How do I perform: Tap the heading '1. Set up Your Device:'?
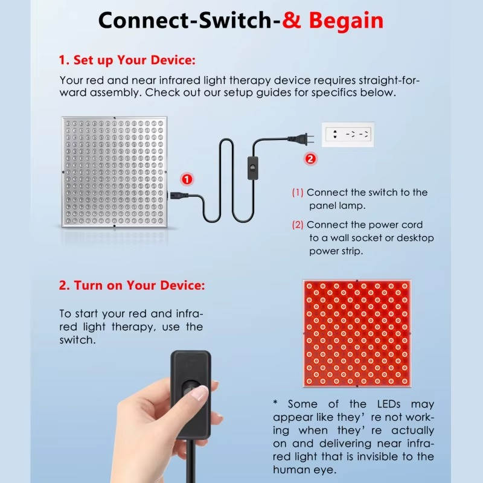click(x=127, y=60)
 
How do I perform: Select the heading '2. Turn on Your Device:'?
click(x=132, y=285)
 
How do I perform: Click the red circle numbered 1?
click(x=187, y=179)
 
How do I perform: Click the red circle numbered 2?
click(x=310, y=159)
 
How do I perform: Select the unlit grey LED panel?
click(x=113, y=172)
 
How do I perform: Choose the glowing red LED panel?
click(x=357, y=333)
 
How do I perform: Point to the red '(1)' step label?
click(x=298, y=193)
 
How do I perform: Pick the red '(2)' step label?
click(x=298, y=225)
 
